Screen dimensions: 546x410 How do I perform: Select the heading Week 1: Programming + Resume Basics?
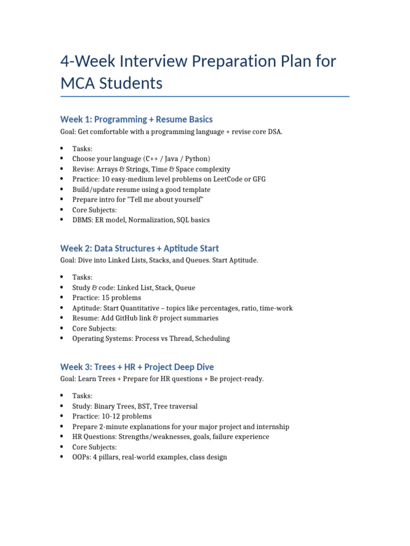click(136, 119)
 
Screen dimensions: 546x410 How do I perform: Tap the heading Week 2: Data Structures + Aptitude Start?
click(139, 248)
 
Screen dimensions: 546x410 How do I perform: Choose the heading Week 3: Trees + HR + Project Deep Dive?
click(137, 367)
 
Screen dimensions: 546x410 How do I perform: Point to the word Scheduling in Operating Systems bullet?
click(212, 339)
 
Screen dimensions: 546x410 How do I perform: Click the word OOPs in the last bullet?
click(81, 457)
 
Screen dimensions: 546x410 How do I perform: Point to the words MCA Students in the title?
click(111, 84)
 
